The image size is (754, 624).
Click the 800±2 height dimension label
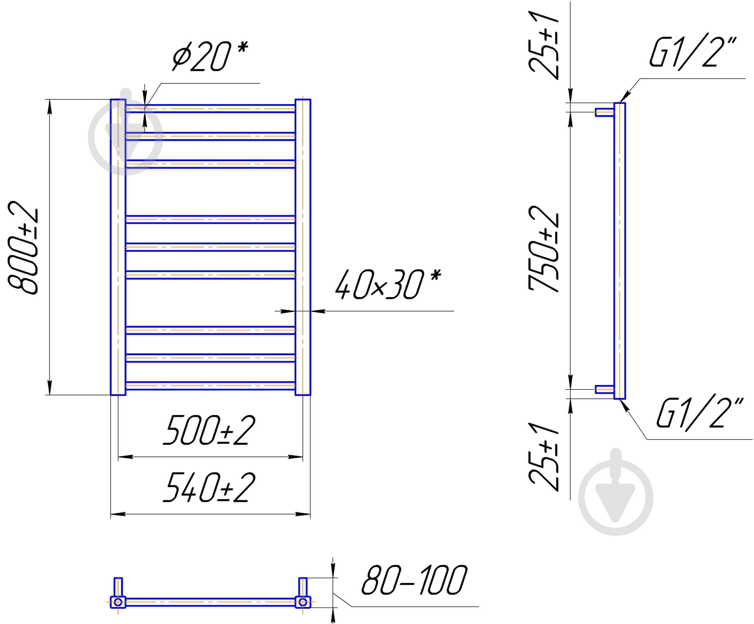pyautogui.click(x=23, y=248)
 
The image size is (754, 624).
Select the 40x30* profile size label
pyautogui.click(x=388, y=284)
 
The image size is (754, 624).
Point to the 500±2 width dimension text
pyautogui.click(x=209, y=430)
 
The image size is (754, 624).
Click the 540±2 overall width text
pyautogui.click(x=209, y=487)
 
